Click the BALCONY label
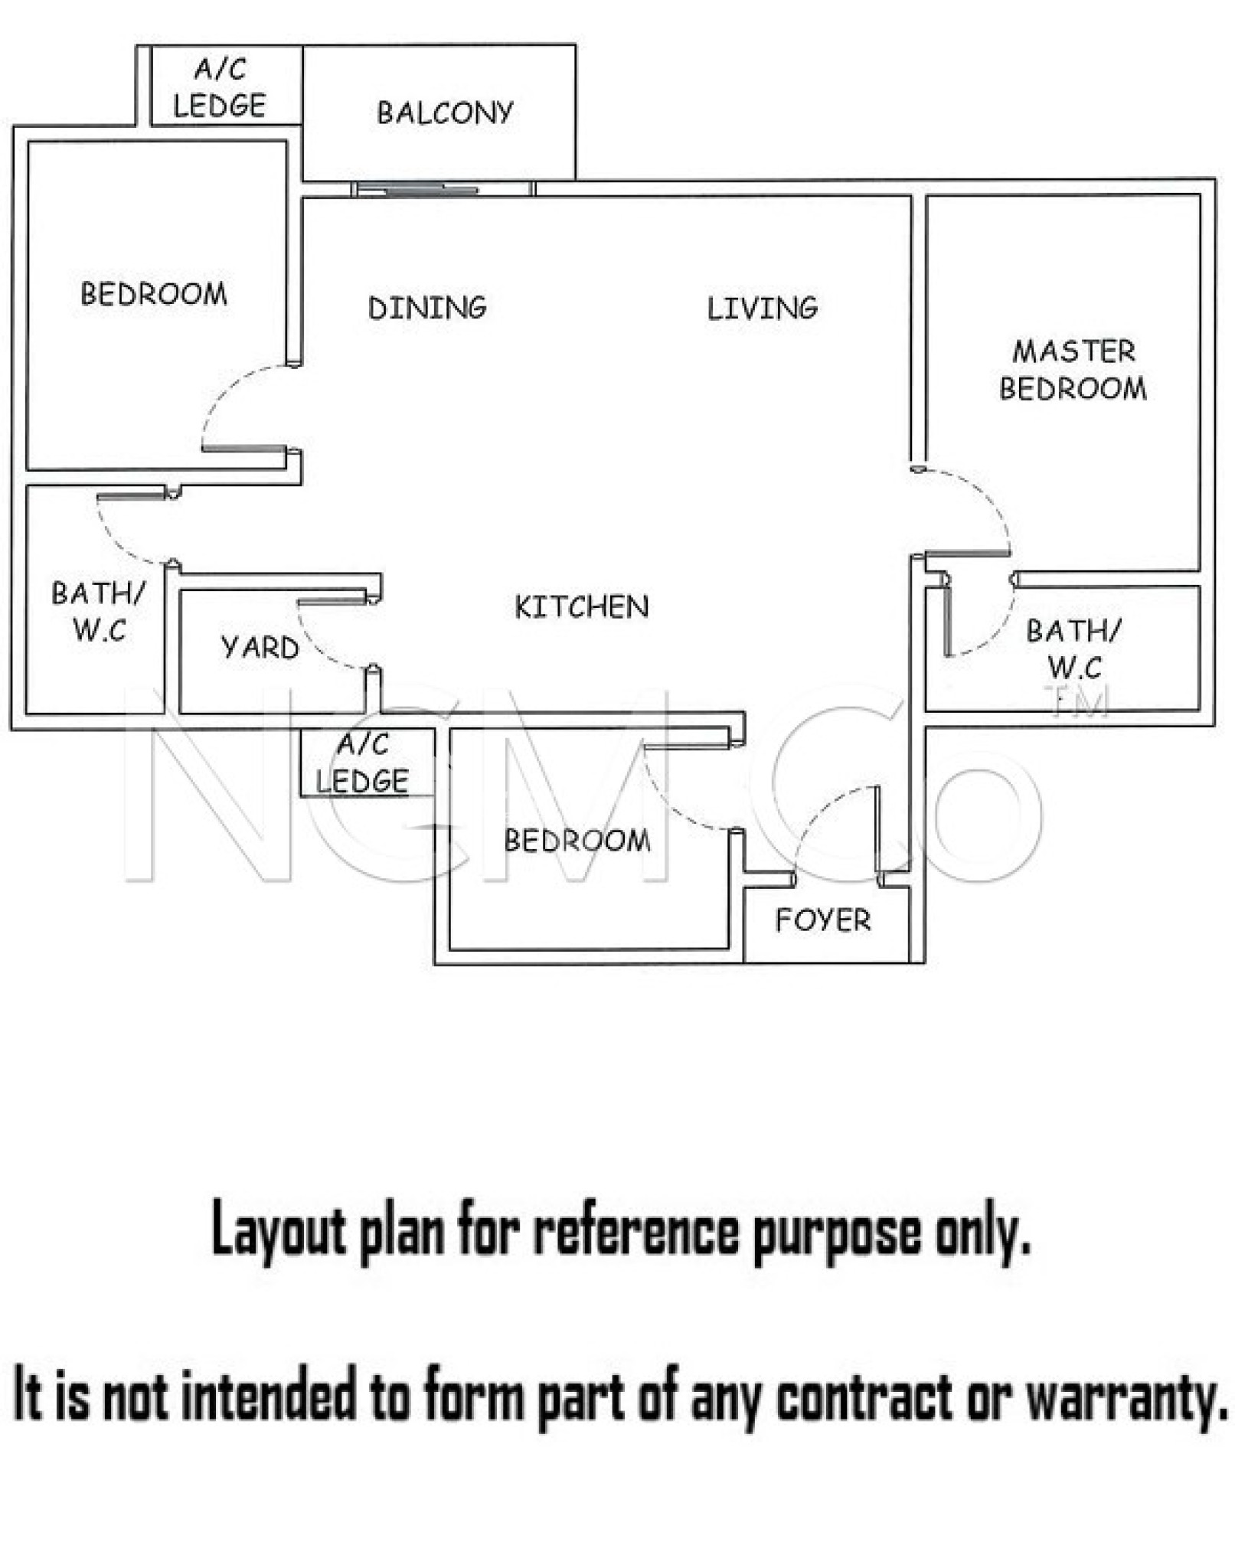coord(445,113)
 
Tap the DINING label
coord(427,308)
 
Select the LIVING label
coord(762,308)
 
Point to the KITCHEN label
coord(582,607)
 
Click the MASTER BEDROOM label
coord(1073,370)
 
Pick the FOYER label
coord(823,920)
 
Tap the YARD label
coord(260,648)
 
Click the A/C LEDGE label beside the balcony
coord(220,87)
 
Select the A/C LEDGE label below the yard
coord(362,763)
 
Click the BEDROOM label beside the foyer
coord(577,841)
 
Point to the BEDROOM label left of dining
coord(154,294)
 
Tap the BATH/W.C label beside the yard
coord(99,612)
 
